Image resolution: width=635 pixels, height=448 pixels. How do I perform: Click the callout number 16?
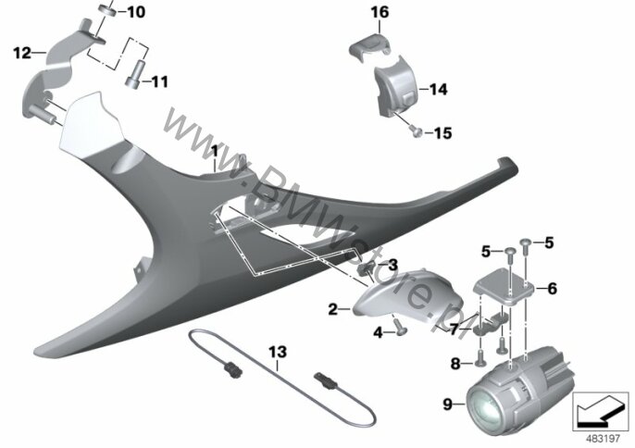coord(380,12)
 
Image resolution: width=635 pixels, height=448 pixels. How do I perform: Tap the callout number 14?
coord(438,89)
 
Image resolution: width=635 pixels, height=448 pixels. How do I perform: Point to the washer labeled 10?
coord(108,9)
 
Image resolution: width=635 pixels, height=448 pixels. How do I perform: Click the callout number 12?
coord(22,53)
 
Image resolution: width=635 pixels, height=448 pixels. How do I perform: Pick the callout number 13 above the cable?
coord(278,352)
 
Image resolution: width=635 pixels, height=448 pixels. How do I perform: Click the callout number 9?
coord(447,404)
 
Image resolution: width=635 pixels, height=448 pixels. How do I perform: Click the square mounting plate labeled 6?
coord(504,289)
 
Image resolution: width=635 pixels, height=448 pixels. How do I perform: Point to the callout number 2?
coord(332,310)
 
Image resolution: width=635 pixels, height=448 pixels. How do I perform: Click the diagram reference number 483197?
coord(603,439)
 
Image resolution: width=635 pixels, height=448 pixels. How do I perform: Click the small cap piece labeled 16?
coord(369,45)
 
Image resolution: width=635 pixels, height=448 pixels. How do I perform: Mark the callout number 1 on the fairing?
coord(214,152)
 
